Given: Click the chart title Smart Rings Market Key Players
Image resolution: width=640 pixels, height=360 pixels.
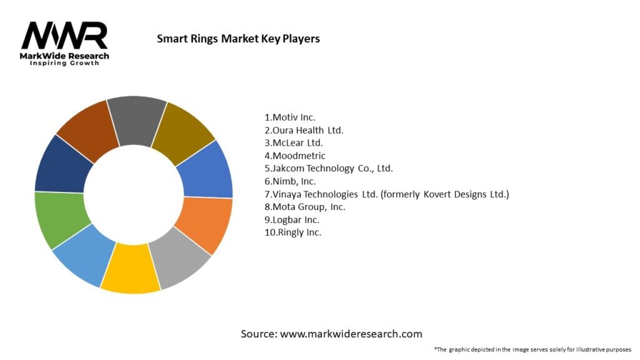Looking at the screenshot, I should (237, 39).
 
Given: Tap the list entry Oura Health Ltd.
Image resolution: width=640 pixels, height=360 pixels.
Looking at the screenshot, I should (304, 130).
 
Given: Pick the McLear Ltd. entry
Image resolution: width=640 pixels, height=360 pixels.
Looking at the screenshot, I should (294, 143).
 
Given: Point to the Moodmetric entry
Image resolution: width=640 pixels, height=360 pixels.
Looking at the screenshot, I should (295, 156).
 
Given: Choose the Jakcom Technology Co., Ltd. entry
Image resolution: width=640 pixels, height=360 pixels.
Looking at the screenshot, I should (329, 168).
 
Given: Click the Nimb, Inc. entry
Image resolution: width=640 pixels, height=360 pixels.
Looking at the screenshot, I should (291, 181).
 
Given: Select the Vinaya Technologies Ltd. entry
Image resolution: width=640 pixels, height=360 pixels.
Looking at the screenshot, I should (387, 194).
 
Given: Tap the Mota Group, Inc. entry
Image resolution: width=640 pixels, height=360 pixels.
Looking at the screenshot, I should (305, 207).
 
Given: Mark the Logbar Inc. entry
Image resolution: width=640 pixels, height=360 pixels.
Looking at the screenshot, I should (292, 220).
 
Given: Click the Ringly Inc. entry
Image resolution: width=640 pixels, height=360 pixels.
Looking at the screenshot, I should (293, 232).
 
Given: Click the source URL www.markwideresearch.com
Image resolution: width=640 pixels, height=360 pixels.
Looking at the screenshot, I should (351, 334).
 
